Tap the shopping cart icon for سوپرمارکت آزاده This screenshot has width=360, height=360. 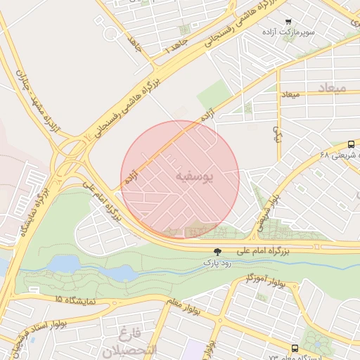[x=288, y=22]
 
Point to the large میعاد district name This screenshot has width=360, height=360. [x=333, y=87]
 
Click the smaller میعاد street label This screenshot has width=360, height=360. [x=290, y=94]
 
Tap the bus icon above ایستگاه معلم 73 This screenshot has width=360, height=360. [x=295, y=347]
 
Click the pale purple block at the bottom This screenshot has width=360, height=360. [x=193, y=349]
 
